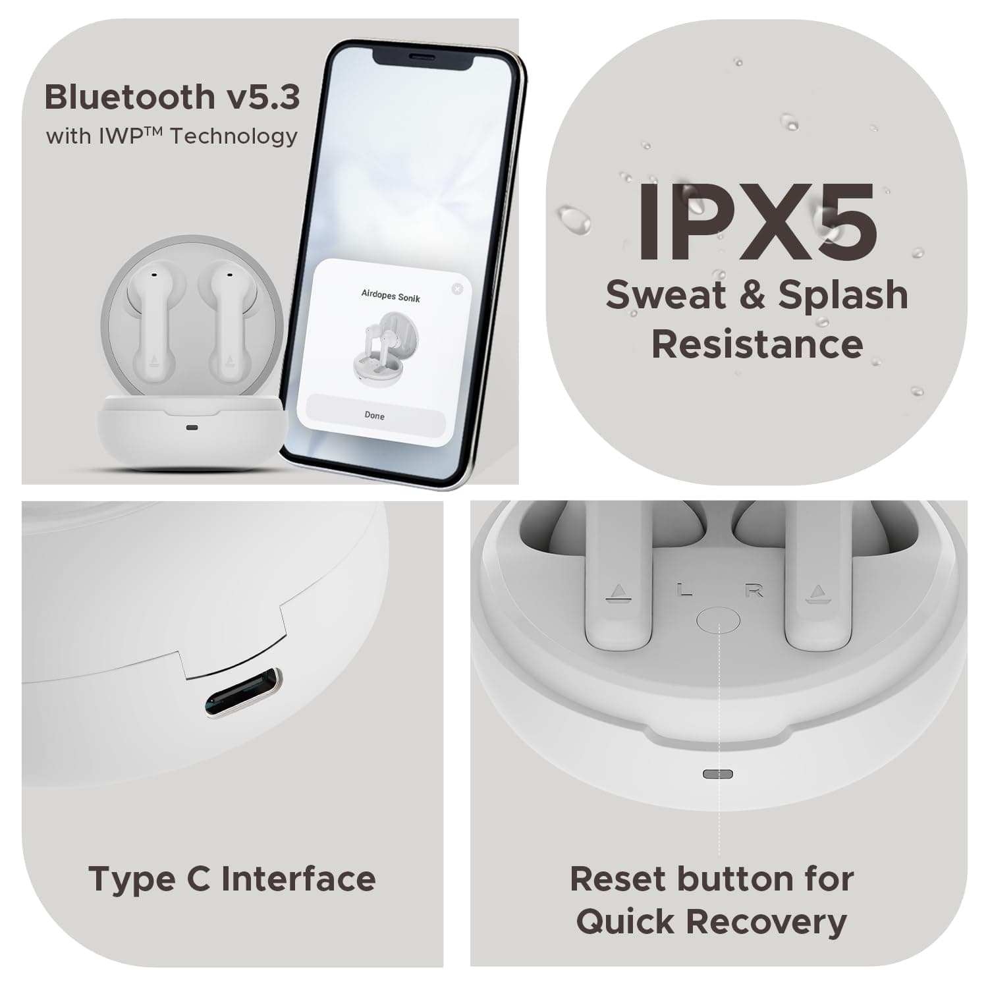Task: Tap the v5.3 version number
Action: point(263,97)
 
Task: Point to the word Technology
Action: point(234,136)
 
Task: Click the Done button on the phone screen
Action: point(374,415)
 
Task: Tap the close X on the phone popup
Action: point(457,288)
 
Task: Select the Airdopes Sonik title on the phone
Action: point(391,295)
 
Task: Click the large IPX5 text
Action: point(757,221)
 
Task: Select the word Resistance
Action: point(757,344)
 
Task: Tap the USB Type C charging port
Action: point(243,693)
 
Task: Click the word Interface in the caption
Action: point(298,879)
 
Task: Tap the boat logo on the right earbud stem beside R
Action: point(818,593)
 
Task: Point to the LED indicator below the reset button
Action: point(718,773)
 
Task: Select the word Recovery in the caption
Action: point(767,921)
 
